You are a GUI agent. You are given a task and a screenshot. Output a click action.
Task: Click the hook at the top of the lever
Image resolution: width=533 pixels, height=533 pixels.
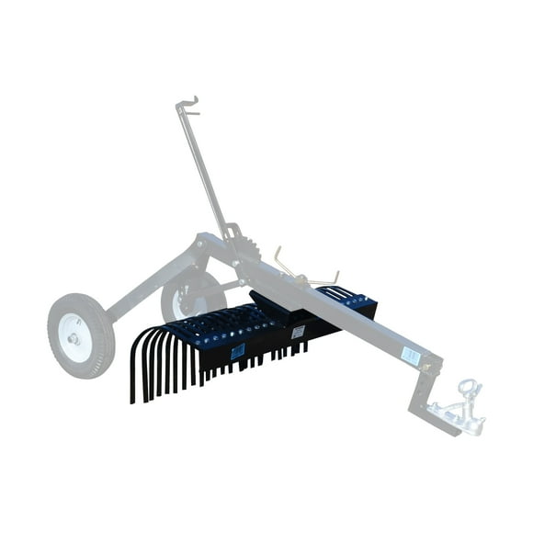(189, 104)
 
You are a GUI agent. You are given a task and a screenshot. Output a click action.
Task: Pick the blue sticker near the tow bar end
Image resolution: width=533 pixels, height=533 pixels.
(410, 355)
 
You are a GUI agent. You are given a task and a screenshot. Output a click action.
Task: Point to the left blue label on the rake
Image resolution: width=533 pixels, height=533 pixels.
(238, 351)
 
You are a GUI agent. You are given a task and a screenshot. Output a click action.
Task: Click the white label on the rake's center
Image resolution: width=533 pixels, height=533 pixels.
(297, 332)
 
